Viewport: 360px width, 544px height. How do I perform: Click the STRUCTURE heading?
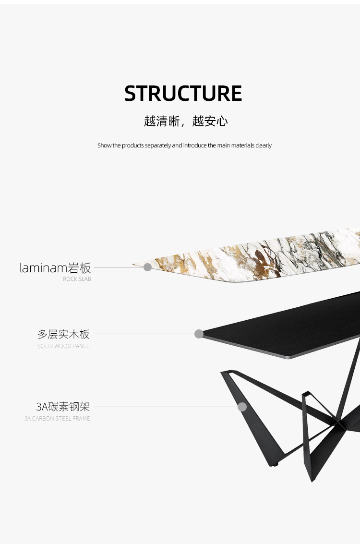pyautogui.click(x=183, y=93)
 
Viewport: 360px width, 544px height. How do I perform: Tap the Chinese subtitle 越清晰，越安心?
pyautogui.click(x=186, y=121)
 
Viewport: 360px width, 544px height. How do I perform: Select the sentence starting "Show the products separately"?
pyautogui.click(x=184, y=145)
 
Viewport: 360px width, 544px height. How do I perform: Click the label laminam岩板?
pyautogui.click(x=55, y=268)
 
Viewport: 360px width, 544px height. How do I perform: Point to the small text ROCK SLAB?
pyautogui.click(x=77, y=279)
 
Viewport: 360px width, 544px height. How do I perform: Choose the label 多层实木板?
pyautogui.click(x=63, y=334)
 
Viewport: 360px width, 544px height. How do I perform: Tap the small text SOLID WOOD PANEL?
pyautogui.click(x=63, y=346)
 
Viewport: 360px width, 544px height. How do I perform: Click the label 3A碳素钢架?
pyautogui.click(x=63, y=407)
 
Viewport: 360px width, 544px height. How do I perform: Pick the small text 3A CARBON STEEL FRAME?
pyautogui.click(x=57, y=419)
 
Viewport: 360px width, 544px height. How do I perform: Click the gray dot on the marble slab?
pyautogui.click(x=148, y=267)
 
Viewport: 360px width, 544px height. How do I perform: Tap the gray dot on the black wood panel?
pyautogui.click(x=199, y=334)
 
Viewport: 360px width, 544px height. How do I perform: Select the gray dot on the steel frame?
pyautogui.click(x=242, y=407)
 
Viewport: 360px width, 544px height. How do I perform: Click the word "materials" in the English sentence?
pyautogui.click(x=243, y=145)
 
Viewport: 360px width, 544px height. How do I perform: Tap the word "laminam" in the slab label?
pyautogui.click(x=44, y=268)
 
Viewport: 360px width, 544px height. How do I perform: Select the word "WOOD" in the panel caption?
pyautogui.click(x=61, y=346)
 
